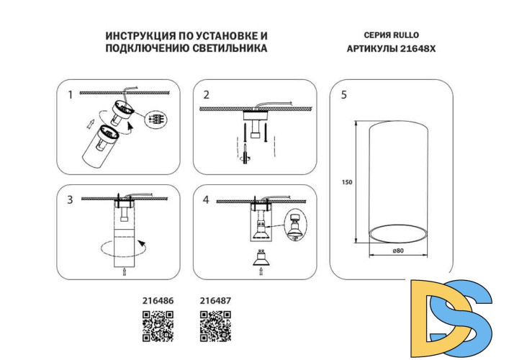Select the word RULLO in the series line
(405, 35)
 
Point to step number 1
(70, 94)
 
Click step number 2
(206, 94)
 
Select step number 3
(70, 199)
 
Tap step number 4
(206, 199)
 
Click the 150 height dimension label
(346, 181)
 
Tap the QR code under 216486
(158, 325)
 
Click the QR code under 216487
(215, 325)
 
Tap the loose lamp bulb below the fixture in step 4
(260, 260)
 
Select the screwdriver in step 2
(243, 153)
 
